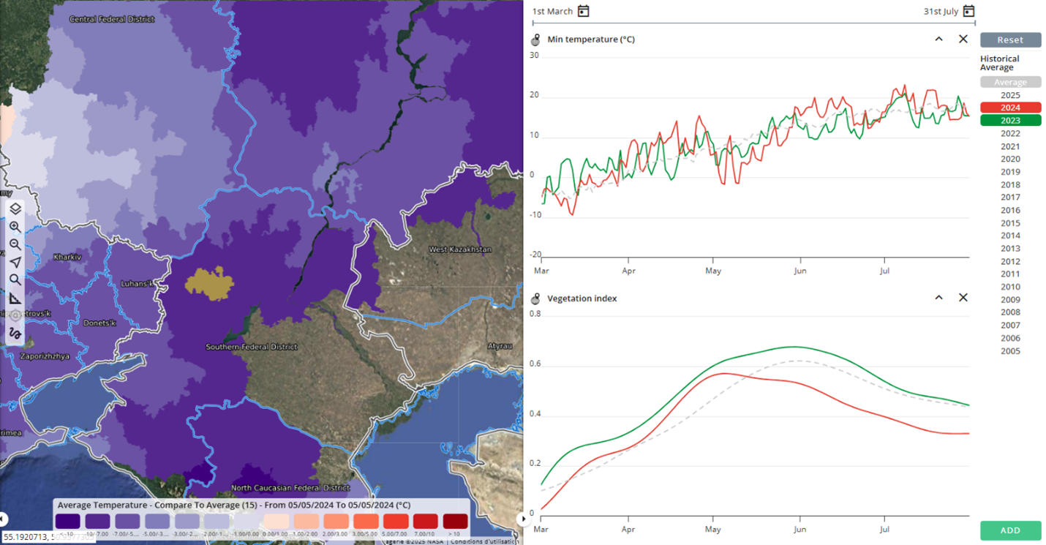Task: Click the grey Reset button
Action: pyautogui.click(x=1010, y=40)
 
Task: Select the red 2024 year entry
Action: pyautogui.click(x=1010, y=108)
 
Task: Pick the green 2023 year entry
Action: pyautogui.click(x=1010, y=121)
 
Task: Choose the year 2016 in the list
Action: pyautogui.click(x=1010, y=210)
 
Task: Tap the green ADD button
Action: pyautogui.click(x=1010, y=530)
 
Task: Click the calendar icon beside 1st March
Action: pyautogui.click(x=583, y=11)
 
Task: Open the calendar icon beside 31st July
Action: pyautogui.click(x=968, y=11)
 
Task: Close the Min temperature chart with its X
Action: pyautogui.click(x=963, y=39)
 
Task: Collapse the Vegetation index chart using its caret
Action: pyautogui.click(x=938, y=298)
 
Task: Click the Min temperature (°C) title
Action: pyautogui.click(x=590, y=40)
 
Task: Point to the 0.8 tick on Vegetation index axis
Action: pyautogui.click(x=535, y=314)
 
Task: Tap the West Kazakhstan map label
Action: pyautogui.click(x=460, y=249)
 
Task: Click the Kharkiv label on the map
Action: pyautogui.click(x=67, y=257)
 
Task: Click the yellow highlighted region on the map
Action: pyautogui.click(x=208, y=284)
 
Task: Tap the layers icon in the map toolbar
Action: pyautogui.click(x=15, y=209)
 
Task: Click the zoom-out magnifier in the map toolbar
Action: pyautogui.click(x=15, y=244)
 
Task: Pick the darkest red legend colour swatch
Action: pyautogui.click(x=454, y=521)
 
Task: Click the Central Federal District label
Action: pyautogui.click(x=111, y=19)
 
